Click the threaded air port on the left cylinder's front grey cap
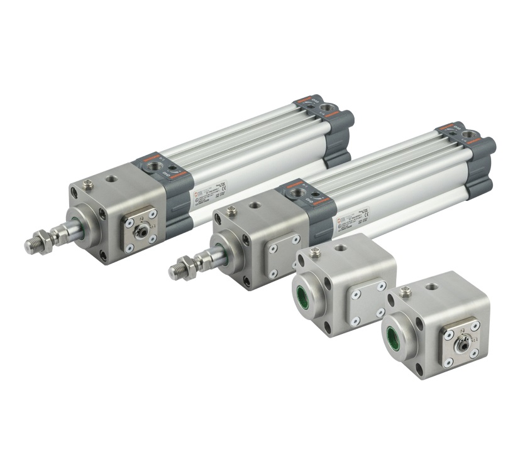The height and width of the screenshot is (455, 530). pos(153,166)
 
